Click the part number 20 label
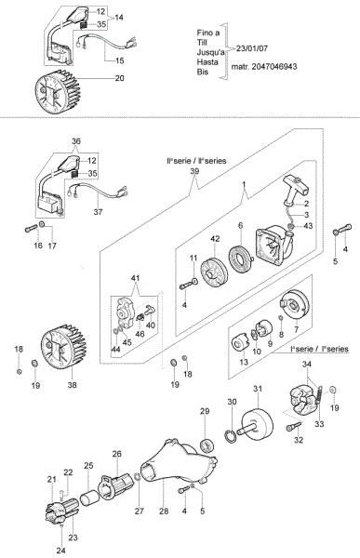(x=118, y=79)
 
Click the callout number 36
(x=76, y=141)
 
